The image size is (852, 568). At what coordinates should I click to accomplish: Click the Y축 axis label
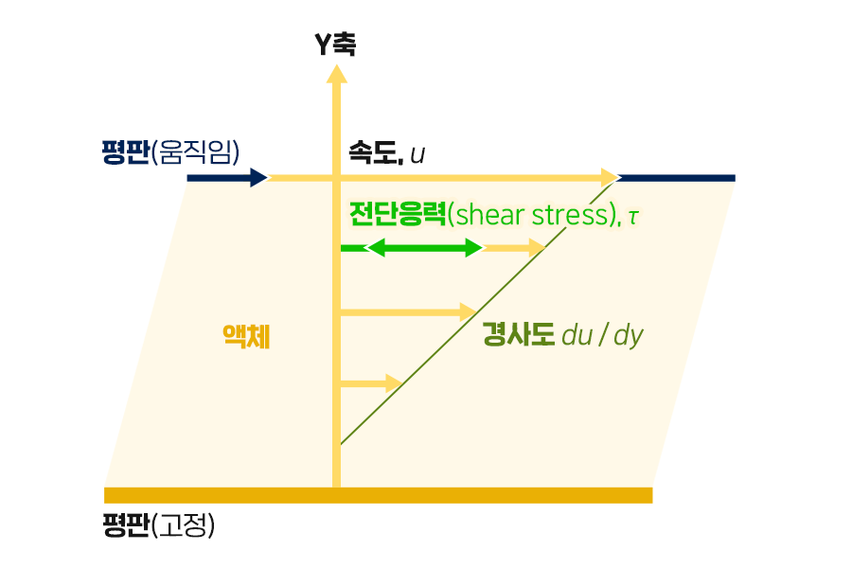pos(335,44)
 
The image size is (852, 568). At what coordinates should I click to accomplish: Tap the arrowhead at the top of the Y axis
pos(335,73)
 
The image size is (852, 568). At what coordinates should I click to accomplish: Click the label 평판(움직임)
pos(170,151)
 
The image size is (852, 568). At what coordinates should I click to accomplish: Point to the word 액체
pos(246,337)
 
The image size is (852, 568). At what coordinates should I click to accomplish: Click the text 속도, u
pos(386,151)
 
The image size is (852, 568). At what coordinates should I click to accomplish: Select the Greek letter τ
pos(633,217)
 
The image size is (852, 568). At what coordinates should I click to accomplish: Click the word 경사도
pos(518,334)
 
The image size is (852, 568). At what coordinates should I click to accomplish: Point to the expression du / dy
pos(602,335)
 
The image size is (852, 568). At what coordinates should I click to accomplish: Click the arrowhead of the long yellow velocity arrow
pos(609,177)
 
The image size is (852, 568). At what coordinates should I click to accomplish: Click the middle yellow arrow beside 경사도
pos(407,312)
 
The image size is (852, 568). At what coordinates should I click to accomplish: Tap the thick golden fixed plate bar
pos(379,494)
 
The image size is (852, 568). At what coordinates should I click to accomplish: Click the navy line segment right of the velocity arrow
pos(677,177)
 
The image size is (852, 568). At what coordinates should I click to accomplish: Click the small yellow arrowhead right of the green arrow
pos(537,248)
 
